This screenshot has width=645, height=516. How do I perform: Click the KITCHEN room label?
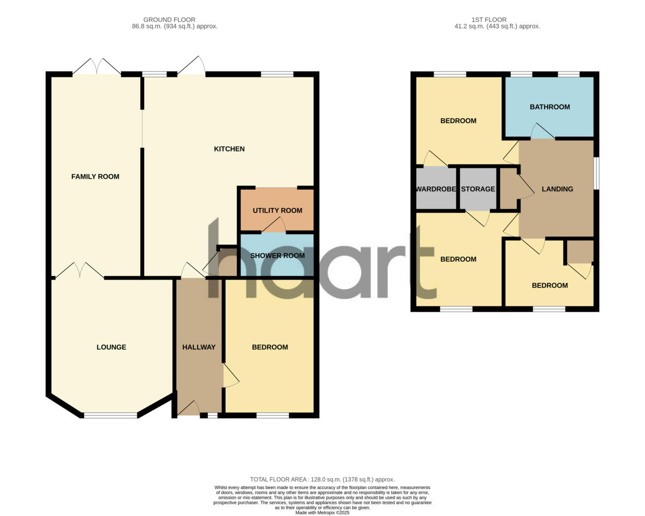(230, 149)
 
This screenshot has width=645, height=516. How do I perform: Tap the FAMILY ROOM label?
(95, 177)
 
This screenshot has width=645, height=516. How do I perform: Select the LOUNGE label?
(111, 347)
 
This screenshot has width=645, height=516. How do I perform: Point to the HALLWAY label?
(199, 347)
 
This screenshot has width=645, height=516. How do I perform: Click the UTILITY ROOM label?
(277, 211)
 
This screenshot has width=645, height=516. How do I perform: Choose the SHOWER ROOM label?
(277, 256)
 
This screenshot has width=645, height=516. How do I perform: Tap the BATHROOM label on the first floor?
(550, 107)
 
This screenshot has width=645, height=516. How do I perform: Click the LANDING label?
(557, 189)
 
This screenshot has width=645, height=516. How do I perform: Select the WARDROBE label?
(436, 189)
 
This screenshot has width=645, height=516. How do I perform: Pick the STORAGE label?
(478, 189)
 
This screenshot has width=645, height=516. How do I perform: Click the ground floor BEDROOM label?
(270, 347)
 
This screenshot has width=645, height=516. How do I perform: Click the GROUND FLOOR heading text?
(169, 20)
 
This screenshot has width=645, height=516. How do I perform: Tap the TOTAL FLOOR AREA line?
(322, 479)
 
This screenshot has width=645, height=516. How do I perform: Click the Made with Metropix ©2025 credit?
(322, 513)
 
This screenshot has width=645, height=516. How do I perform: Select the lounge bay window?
(111, 415)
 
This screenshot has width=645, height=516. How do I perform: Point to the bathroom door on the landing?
(543, 132)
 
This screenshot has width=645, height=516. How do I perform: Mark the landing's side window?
(596, 173)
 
